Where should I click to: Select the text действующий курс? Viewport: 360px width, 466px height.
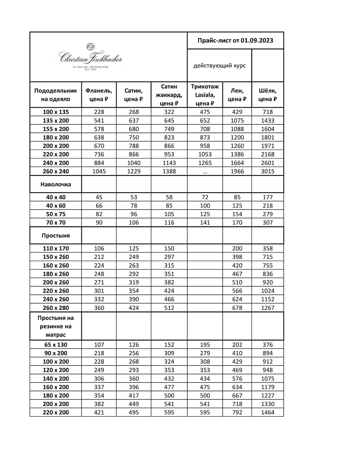pyautogui.click(x=219, y=66)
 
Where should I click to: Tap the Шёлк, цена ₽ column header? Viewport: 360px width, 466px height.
pyautogui.click(x=267, y=95)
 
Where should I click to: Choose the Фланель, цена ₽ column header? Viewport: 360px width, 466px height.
pyautogui.click(x=99, y=95)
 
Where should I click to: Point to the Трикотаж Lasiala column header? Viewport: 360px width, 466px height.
pyautogui.click(x=205, y=95)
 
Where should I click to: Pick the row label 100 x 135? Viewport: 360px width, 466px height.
pyautogui.click(x=56, y=112)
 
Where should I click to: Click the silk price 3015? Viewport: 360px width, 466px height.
pyautogui.click(x=267, y=171)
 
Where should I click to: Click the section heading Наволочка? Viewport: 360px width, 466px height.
pyautogui.click(x=56, y=184)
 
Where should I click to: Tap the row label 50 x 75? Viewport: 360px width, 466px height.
pyautogui.click(x=56, y=214)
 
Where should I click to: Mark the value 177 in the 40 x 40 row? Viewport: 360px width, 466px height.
pyautogui.click(x=267, y=197)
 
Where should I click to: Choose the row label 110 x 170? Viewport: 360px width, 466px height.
pyautogui.click(x=56, y=248)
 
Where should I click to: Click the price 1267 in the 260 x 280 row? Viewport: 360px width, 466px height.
pyautogui.click(x=267, y=308)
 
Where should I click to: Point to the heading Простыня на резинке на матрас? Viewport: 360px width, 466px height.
pyautogui.click(x=56, y=326)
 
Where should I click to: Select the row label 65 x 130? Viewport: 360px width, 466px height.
pyautogui.click(x=56, y=345)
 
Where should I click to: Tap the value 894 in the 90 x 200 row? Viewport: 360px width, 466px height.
pyautogui.click(x=267, y=353)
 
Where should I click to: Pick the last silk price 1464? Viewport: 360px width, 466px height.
pyautogui.click(x=267, y=412)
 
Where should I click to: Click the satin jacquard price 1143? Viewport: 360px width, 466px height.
pyautogui.click(x=169, y=163)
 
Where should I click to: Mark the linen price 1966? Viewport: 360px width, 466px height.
pyautogui.click(x=237, y=171)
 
